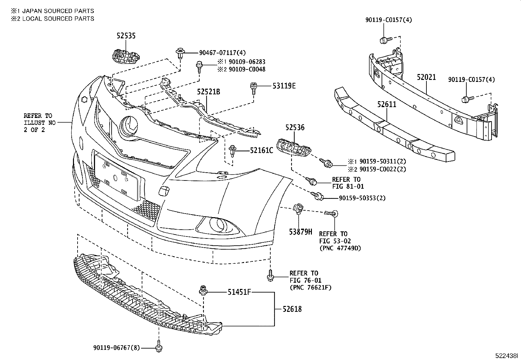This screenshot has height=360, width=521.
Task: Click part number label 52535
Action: click(x=126, y=36)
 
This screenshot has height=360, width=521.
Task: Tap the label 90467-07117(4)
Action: click(x=222, y=52)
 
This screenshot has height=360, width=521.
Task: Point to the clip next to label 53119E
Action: click(x=253, y=88)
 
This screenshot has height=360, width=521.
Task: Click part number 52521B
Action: click(x=208, y=92)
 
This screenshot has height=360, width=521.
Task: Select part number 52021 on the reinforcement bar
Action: click(x=426, y=77)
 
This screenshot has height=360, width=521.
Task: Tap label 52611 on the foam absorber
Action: click(x=386, y=104)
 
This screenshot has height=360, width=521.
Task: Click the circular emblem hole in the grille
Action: click(x=130, y=126)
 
